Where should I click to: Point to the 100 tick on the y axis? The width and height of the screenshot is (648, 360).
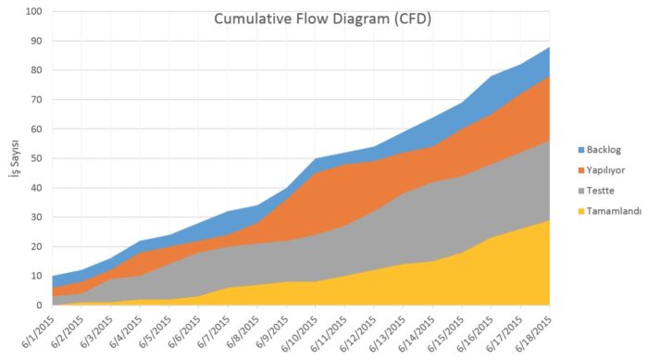click(32, 12)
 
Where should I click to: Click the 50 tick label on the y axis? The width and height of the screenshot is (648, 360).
click(35, 158)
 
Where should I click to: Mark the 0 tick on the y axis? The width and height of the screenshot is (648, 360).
click(38, 305)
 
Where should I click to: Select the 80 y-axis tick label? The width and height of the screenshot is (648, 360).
click(35, 70)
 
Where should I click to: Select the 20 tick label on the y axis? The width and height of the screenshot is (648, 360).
click(35, 246)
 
